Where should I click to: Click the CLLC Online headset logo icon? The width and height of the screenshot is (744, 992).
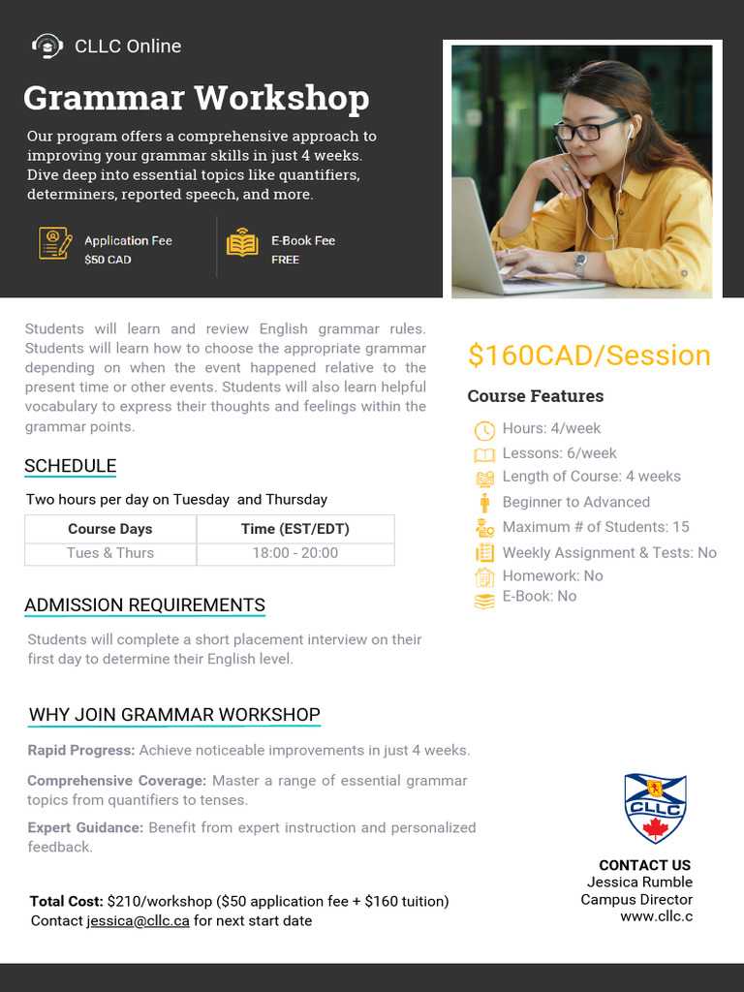[x=46, y=46]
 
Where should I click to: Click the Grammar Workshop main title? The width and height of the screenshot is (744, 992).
[x=197, y=98]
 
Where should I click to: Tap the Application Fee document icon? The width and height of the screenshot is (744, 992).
[x=55, y=242]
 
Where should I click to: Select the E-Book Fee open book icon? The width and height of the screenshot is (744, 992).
[x=242, y=242]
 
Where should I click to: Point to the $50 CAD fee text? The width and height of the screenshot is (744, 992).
[x=108, y=260]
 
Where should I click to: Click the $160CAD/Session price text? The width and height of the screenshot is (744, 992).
[x=589, y=356]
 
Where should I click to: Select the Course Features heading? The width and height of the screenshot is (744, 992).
[x=535, y=396]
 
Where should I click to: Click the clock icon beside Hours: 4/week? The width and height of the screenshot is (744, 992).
[x=484, y=430]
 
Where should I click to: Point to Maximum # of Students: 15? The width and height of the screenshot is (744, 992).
[x=596, y=527]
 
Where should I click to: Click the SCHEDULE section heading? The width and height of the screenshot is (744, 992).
[x=70, y=466]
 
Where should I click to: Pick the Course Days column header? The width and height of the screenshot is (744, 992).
[x=110, y=529]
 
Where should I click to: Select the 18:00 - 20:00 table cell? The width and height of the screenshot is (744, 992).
[x=295, y=553]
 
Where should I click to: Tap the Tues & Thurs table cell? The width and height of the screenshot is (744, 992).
[x=110, y=553]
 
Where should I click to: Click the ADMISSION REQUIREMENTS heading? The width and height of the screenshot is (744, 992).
[x=144, y=605]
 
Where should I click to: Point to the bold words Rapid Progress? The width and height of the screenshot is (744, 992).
[x=80, y=750]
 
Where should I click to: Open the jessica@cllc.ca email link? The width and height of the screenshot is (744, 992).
[x=139, y=920]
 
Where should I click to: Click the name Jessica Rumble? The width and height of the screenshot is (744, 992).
[x=639, y=883]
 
